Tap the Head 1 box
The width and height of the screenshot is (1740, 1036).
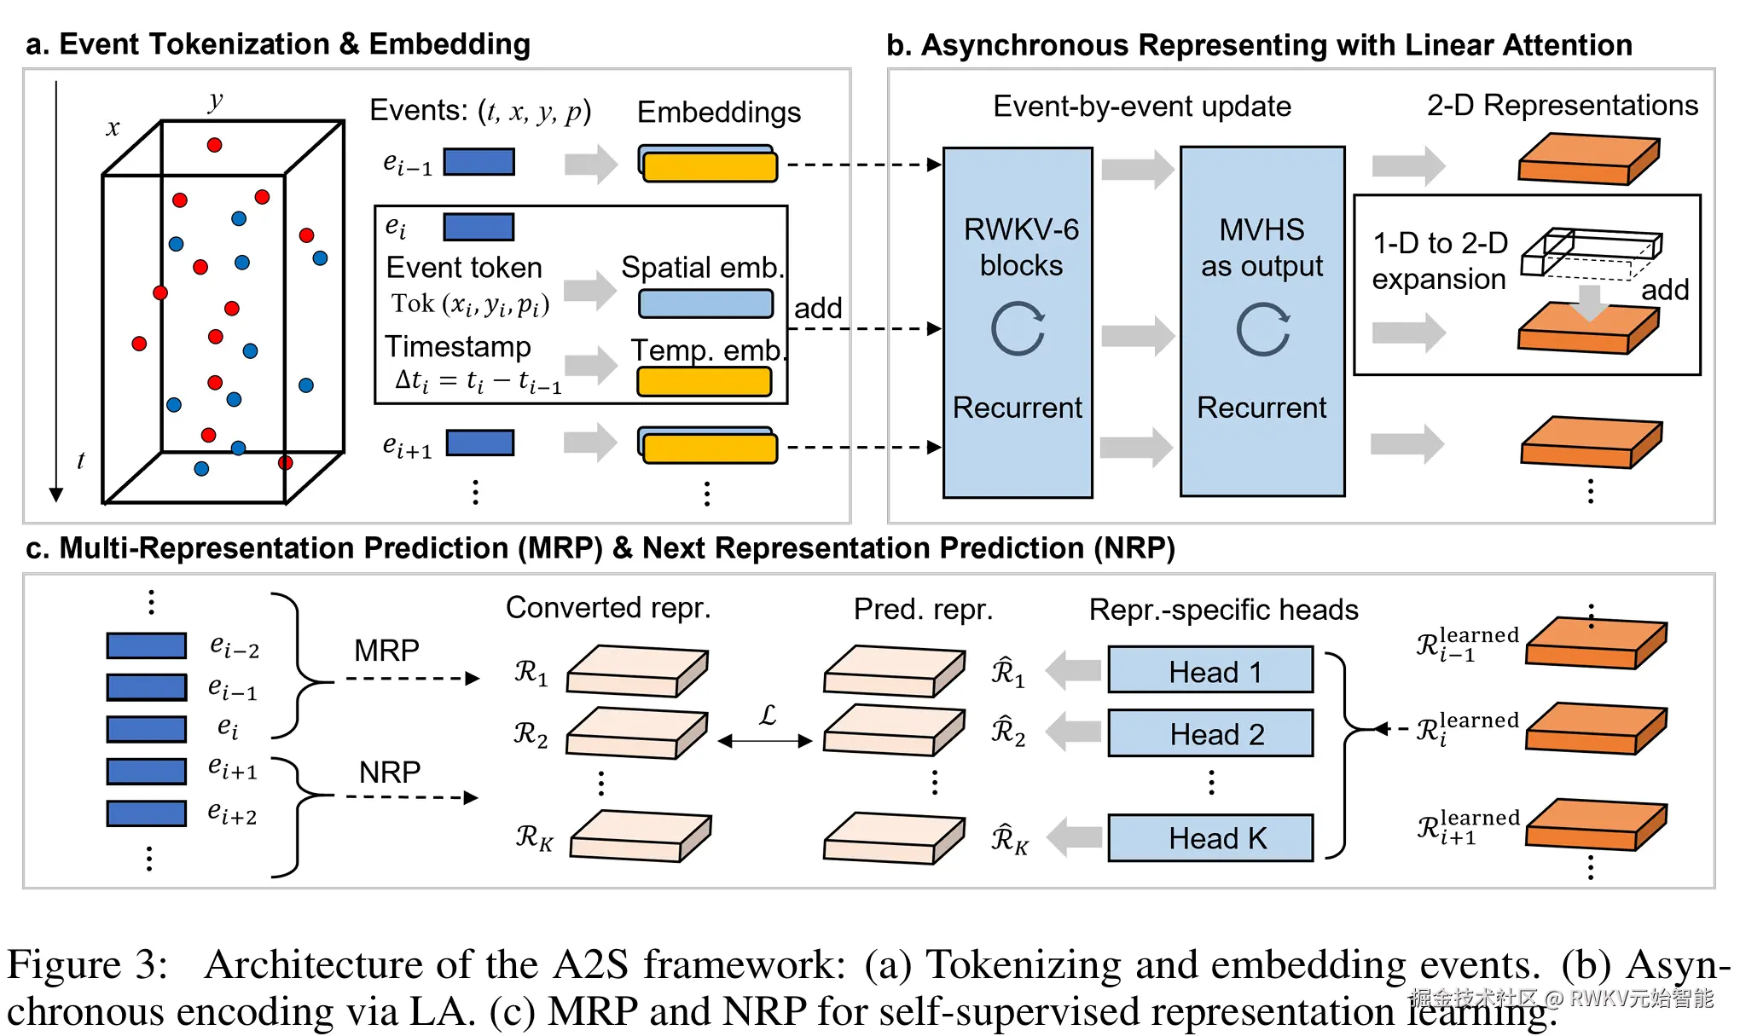1210,670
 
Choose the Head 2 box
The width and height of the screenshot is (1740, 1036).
1210,733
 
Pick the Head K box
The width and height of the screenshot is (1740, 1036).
1210,837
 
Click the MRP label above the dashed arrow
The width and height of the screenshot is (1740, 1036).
386,651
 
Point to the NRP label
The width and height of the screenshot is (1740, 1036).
389,773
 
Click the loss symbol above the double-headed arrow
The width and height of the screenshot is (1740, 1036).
768,715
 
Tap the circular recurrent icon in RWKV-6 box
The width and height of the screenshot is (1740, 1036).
1018,328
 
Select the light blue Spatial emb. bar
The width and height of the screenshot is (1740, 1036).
705,304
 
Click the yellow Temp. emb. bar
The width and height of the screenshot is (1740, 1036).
705,381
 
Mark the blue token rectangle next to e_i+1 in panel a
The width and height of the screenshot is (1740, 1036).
480,443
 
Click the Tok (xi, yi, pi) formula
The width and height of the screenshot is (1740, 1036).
470,304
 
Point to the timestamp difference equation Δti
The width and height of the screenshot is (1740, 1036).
478,380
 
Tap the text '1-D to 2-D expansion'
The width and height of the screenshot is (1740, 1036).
1439,260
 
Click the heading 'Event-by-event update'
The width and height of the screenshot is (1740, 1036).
1141,107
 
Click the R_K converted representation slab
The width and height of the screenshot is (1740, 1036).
640,836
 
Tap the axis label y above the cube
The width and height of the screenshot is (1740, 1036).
215,101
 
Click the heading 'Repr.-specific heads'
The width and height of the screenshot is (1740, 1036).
1223,610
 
